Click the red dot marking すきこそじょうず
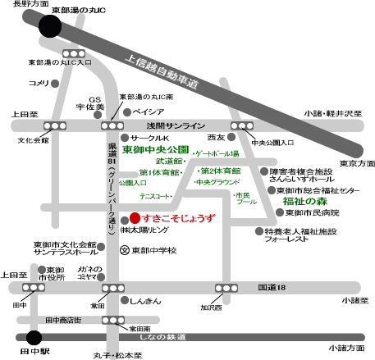pos(134,219)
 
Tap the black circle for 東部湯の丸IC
pos(49,26)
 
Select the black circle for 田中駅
pos(34,337)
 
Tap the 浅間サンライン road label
pos(175,125)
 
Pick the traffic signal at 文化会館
pos(56,126)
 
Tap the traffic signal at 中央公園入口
pos(242,125)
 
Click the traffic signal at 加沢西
pos(222,289)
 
